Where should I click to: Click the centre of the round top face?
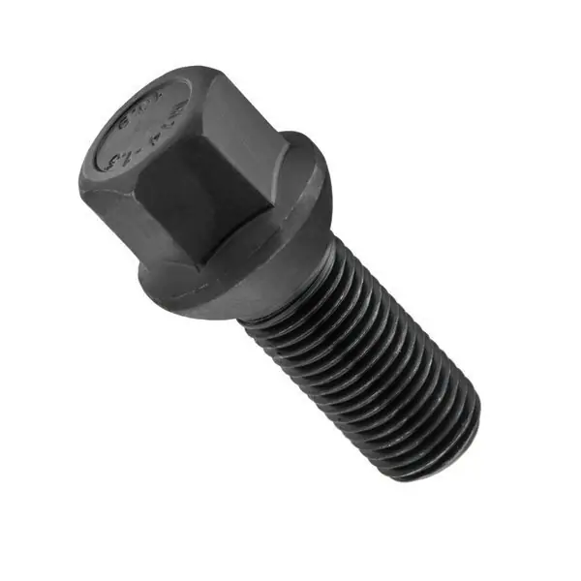[143, 126]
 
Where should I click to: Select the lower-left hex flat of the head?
[107, 218]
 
